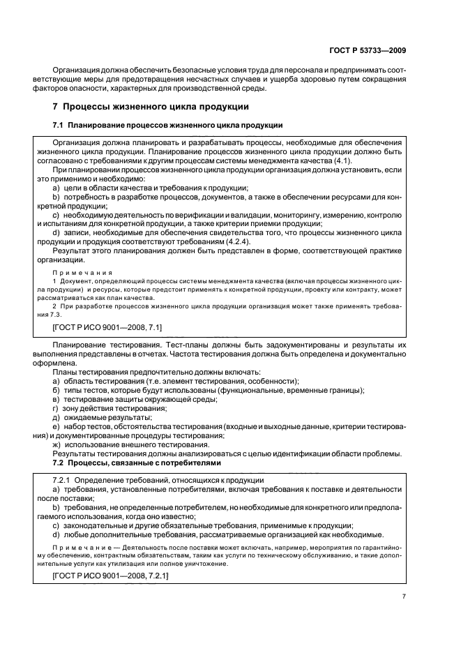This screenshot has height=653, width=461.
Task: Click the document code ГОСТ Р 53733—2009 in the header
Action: coord(367,50)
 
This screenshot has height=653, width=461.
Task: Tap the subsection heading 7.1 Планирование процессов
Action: coord(168,125)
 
